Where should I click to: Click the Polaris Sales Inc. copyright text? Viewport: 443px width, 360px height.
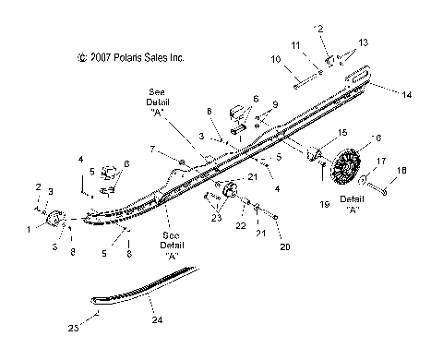(132, 57)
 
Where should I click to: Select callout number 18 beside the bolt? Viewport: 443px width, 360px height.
(401, 171)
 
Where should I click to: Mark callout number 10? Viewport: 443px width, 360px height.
(276, 60)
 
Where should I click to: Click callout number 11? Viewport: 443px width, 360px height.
(294, 45)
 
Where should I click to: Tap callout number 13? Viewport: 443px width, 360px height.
(363, 42)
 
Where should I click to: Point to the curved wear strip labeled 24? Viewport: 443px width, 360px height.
(148, 282)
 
